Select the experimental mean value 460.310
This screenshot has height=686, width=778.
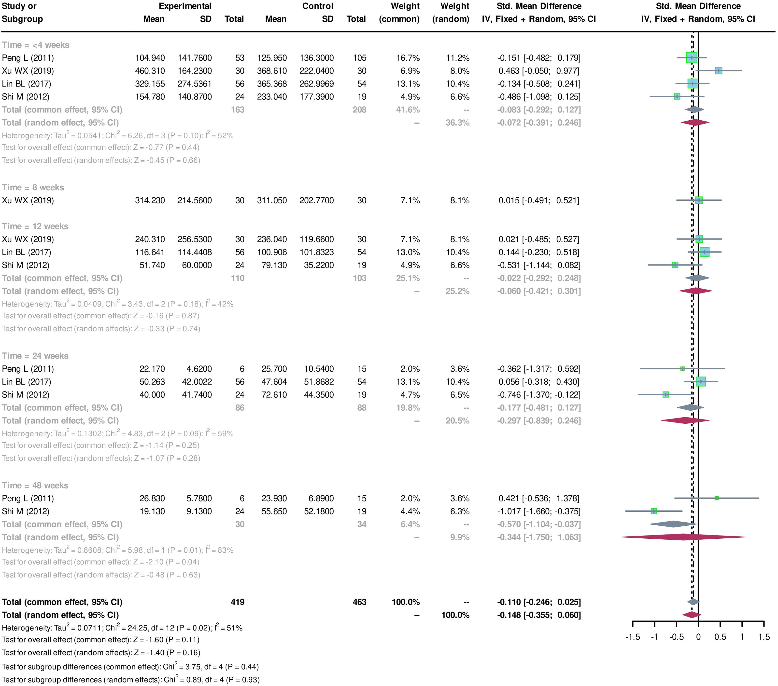pos(150,71)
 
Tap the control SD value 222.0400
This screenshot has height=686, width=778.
pos(316,71)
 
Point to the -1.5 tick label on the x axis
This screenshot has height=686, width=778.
pos(633,637)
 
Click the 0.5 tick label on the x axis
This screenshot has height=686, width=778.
pos(720,637)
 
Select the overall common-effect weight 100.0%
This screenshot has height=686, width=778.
pos(405,602)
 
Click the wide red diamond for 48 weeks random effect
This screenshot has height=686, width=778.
pos(683,537)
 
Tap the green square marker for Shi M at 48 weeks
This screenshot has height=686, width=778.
pos(653,511)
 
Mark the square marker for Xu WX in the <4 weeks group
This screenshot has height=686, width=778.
pos(718,71)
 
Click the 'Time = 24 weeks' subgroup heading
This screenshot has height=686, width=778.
pos(35,356)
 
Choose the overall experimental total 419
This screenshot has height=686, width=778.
pos(238,602)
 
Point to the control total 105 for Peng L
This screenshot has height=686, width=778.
pos(359,58)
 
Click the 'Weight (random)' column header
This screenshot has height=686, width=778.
pos(451,13)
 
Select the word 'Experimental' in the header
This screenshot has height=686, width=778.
pos(185,6)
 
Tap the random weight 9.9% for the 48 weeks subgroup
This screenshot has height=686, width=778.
pos(460,537)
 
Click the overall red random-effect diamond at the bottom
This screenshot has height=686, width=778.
pos(692,615)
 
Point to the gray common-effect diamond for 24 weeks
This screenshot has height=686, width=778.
pos(691,407)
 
